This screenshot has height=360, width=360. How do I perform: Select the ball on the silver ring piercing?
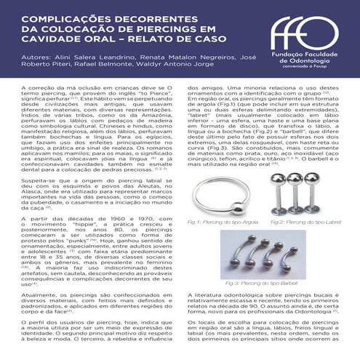pyautogui.click(x=238, y=209)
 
